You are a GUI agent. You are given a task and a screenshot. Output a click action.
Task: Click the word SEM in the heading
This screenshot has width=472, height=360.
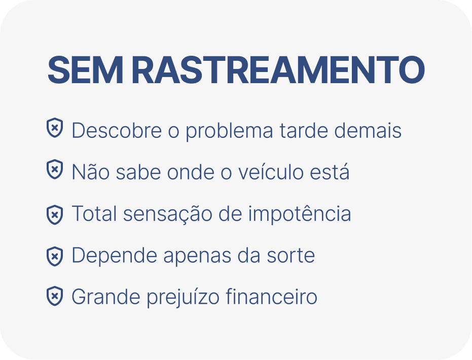(x=85, y=70)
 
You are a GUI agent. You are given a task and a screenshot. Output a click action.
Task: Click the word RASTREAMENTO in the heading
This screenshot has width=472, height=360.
(x=278, y=70)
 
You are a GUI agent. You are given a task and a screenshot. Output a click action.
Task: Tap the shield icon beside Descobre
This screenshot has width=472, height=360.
(x=55, y=128)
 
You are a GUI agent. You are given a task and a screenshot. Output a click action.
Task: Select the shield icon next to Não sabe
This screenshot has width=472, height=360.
(x=55, y=169)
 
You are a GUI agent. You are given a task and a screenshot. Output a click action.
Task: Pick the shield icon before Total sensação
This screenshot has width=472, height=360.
(x=55, y=215)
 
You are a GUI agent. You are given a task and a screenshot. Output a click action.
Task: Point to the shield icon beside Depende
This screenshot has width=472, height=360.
(x=55, y=257)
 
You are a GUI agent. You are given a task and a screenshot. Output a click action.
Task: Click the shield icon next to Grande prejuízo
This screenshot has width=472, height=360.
(x=55, y=296)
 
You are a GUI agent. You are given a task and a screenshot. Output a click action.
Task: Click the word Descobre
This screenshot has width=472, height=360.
(x=117, y=130)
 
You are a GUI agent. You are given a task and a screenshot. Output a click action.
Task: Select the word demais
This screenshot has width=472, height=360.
(x=368, y=130)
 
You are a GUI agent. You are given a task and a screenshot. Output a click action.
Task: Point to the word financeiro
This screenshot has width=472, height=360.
(x=272, y=296)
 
